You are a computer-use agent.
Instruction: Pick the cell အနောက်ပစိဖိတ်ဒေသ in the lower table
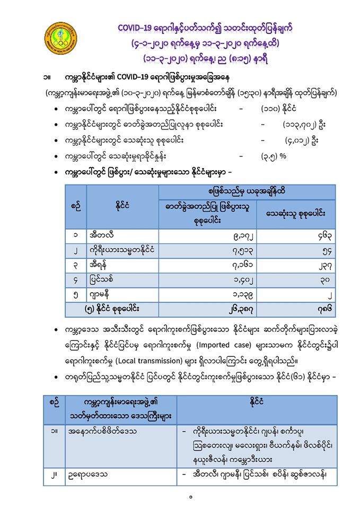coord(103,431)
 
